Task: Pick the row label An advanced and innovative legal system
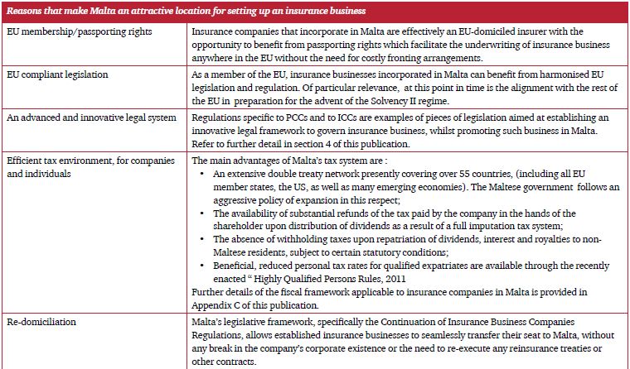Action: (x=91, y=118)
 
